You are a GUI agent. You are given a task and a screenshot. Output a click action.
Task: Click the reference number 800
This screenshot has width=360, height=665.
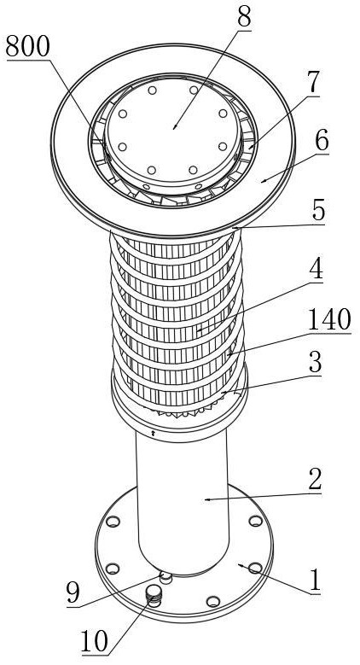click(x=28, y=46)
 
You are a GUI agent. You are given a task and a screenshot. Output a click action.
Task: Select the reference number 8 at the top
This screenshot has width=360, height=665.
click(x=244, y=18)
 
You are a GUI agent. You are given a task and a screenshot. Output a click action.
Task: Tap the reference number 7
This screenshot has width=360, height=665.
click(x=312, y=83)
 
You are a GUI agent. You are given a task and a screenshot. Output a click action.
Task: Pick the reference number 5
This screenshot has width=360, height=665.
click(x=318, y=211)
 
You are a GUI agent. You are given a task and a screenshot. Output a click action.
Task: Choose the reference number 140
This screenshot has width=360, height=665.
click(x=329, y=321)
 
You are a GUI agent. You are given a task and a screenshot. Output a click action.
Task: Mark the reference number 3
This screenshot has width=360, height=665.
click(x=315, y=363)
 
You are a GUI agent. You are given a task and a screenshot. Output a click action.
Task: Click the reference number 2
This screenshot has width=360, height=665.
click(x=315, y=481)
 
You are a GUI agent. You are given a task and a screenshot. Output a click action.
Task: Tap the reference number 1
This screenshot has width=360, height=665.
click(x=315, y=582)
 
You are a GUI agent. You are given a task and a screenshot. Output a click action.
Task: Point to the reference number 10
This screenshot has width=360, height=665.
click(x=95, y=642)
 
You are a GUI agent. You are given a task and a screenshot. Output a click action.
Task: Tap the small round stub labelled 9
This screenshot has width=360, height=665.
click(x=165, y=577)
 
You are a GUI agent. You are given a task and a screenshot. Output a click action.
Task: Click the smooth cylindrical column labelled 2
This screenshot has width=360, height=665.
click(x=183, y=500)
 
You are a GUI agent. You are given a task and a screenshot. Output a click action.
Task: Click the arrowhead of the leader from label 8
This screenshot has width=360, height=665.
click(x=174, y=128)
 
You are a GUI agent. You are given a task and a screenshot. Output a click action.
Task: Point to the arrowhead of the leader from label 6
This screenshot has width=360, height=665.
click(x=263, y=181)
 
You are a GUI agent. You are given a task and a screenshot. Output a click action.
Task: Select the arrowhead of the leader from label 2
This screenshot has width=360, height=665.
click(x=206, y=499)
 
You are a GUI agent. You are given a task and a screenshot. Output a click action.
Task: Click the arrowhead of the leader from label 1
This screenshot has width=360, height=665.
click(x=240, y=565)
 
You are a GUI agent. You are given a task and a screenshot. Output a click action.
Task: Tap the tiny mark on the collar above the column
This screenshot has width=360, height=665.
click(x=153, y=434)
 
